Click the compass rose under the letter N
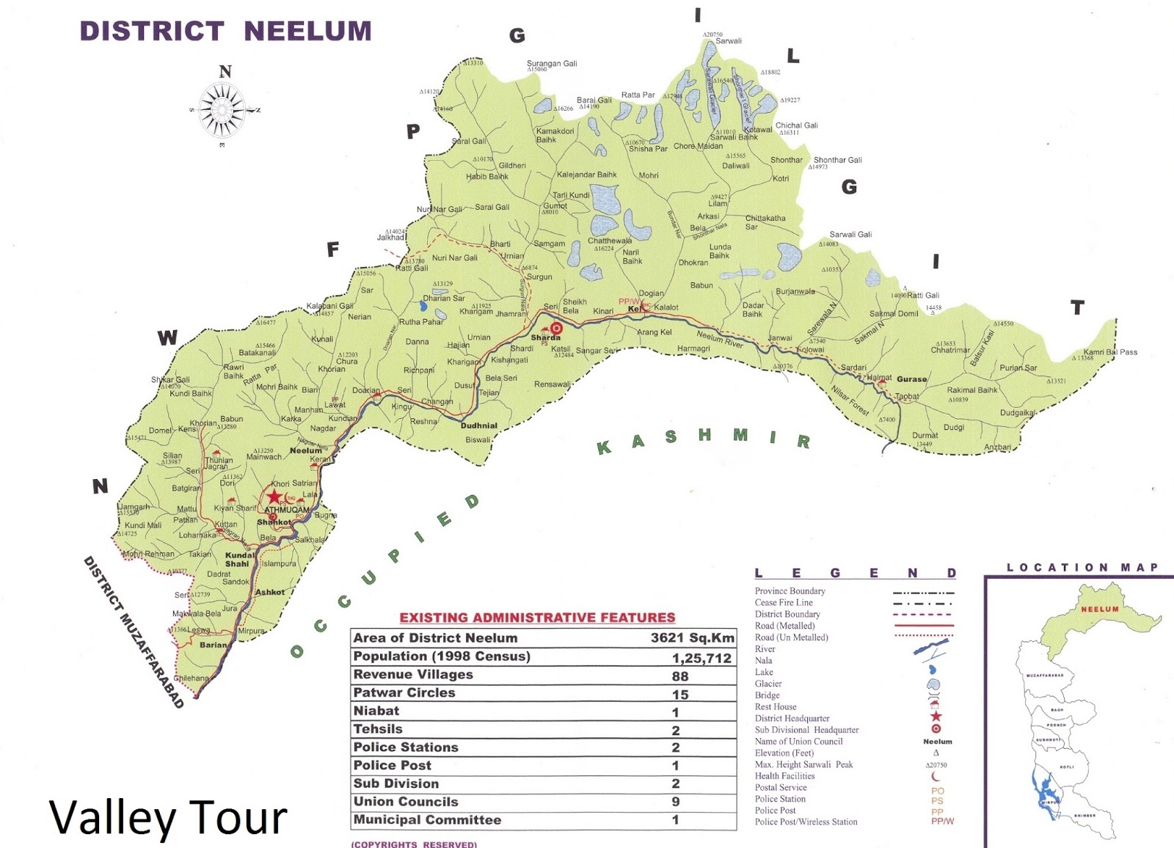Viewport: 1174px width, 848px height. coord(222,111)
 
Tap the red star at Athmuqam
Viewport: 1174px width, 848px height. coord(274,497)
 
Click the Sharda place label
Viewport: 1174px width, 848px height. coord(545,337)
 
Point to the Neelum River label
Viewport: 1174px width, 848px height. coord(720,339)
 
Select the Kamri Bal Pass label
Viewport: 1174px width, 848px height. coord(1110,352)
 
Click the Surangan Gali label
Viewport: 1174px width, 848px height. coord(552,64)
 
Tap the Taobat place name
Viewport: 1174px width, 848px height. coord(907,397)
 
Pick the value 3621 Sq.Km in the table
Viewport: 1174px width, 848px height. coord(692,638)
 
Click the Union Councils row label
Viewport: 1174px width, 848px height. coord(406,802)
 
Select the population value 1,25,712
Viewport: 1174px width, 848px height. coord(701,658)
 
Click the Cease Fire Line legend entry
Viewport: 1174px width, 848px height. coord(784,602)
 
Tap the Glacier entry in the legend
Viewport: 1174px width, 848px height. coord(768,684)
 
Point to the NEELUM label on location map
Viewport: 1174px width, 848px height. coord(1099,610)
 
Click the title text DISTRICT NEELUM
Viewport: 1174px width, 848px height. coord(225,32)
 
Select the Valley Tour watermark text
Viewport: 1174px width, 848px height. coord(168,817)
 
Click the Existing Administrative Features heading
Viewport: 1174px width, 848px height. coord(537,618)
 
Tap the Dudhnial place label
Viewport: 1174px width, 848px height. coord(478,425)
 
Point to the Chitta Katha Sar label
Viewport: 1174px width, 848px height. coord(765,222)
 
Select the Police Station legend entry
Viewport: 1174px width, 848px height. coord(780,799)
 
